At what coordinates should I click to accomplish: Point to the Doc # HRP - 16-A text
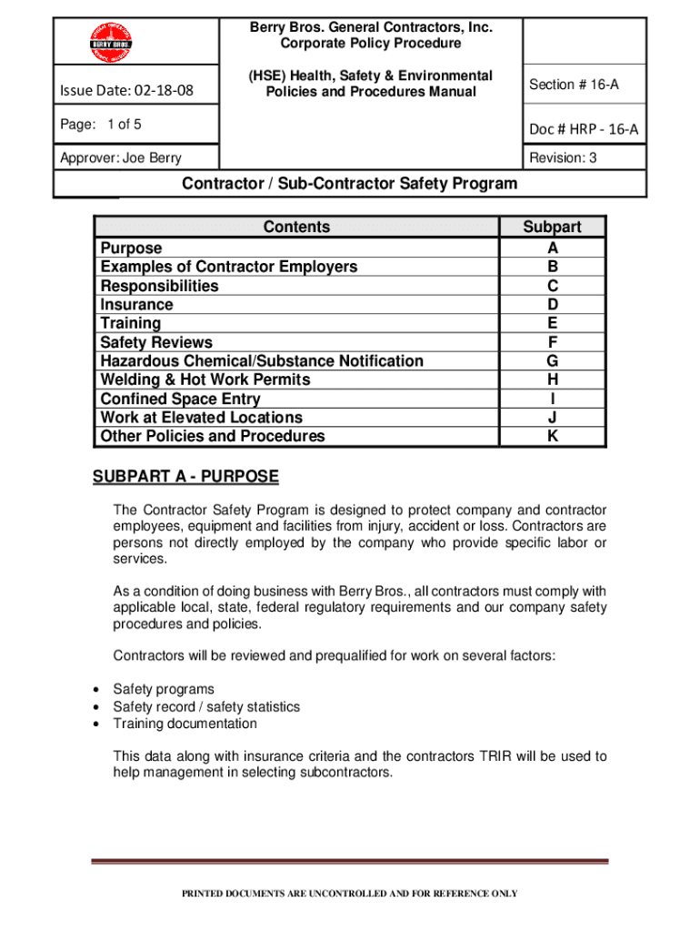point(584,130)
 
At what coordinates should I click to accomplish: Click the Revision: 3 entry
point(563,157)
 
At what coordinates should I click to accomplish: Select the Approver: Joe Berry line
point(120,158)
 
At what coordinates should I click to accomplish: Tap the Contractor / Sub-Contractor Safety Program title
point(350,184)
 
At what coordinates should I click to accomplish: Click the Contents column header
point(296,228)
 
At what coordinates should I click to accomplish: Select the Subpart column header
point(552,228)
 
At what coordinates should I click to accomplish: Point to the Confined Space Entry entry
point(180,399)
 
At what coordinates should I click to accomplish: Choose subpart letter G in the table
point(552,361)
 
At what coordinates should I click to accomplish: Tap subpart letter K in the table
point(552,437)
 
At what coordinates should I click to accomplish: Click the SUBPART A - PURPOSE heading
point(185,478)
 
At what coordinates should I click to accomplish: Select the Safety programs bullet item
point(164,690)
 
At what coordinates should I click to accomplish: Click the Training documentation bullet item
point(185,724)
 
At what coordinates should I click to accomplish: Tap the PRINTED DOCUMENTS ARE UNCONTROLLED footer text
point(350,894)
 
